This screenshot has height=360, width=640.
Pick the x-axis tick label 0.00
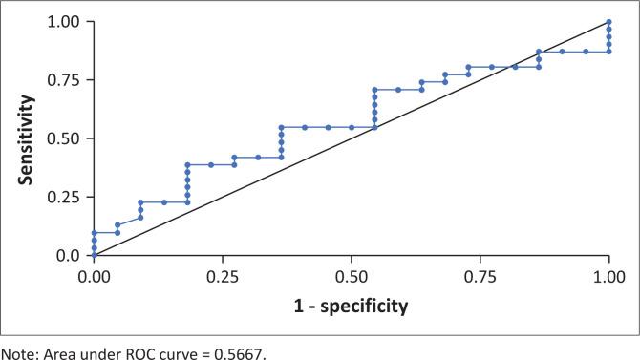click(94, 275)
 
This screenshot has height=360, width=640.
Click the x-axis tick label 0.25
click(223, 275)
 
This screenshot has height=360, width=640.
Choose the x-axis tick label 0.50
click(352, 275)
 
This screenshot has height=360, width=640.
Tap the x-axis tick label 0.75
click(480, 275)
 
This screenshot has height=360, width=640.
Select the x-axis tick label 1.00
click(608, 275)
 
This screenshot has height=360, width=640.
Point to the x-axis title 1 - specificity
click(352, 307)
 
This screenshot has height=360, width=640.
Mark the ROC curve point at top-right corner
click(608, 21)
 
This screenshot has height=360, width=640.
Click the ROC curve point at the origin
click(94, 256)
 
